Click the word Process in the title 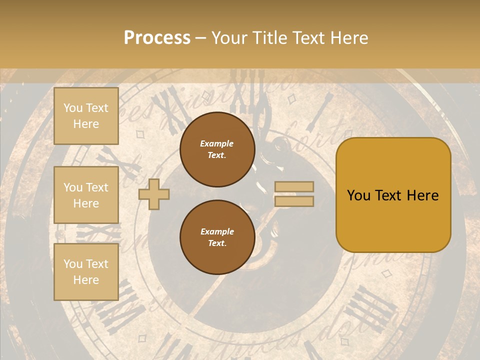click(x=157, y=37)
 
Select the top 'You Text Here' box click(x=86, y=116)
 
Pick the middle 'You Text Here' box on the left click(x=86, y=195)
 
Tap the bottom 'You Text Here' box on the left click(x=86, y=271)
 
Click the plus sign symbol click(x=154, y=194)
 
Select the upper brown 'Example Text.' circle click(x=217, y=149)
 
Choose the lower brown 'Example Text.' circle click(x=217, y=237)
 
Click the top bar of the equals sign click(x=294, y=187)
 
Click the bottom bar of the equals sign click(x=294, y=201)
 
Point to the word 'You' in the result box click(x=358, y=195)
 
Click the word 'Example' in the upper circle click(x=217, y=143)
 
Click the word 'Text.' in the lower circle click(x=217, y=243)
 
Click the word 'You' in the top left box click(x=72, y=108)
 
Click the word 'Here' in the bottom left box click(x=86, y=280)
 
